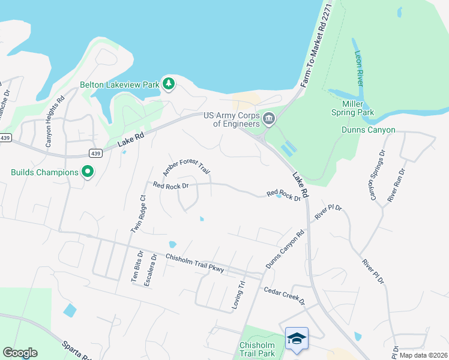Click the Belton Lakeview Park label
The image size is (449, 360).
click(x=119, y=85)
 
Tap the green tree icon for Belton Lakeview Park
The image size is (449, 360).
click(x=169, y=84)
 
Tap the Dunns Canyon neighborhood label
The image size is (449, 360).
click(x=369, y=130)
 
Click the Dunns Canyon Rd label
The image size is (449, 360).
click(x=285, y=250)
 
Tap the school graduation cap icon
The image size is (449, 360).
click(x=297, y=339)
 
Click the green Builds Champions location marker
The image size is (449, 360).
click(x=88, y=172)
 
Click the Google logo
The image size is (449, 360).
click(x=20, y=353)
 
